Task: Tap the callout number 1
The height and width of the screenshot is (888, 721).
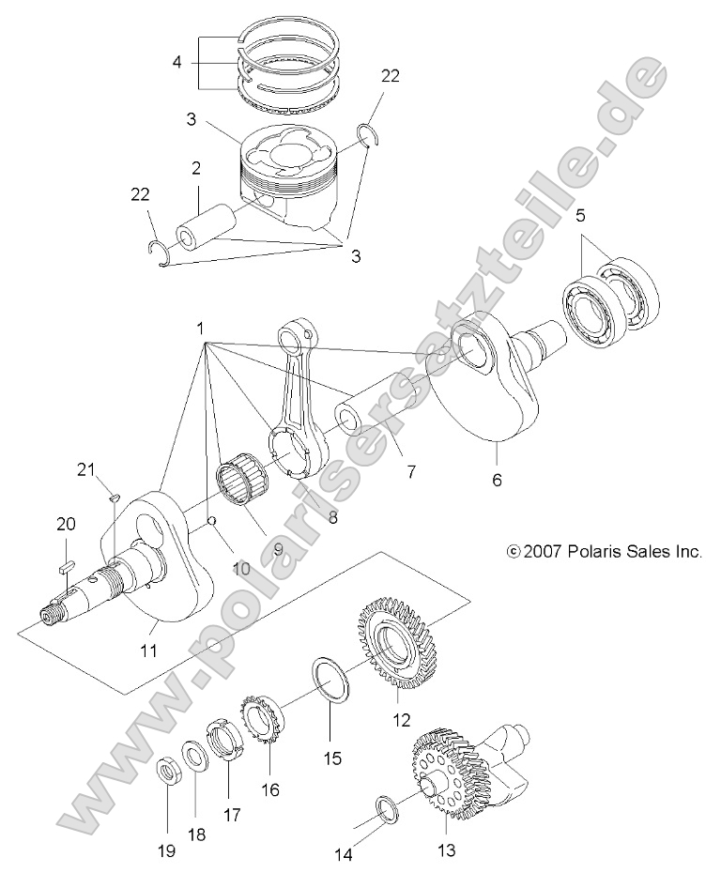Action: [x=201, y=329]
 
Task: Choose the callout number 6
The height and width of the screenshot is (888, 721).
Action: [x=497, y=481]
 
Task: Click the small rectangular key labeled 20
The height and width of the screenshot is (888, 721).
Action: [x=65, y=566]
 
